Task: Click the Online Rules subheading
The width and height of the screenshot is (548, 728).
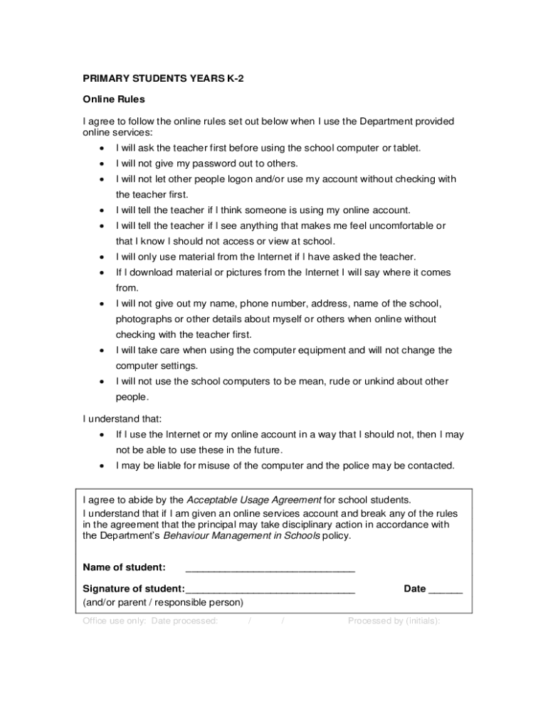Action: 114,99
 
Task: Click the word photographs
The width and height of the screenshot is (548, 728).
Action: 145,319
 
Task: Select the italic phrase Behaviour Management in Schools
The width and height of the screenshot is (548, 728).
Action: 241,535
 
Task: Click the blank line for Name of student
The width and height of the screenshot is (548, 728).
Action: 270,569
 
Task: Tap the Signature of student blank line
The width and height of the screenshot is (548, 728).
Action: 270,590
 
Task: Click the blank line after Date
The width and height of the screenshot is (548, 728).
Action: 446,590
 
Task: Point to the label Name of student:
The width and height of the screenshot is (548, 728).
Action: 125,567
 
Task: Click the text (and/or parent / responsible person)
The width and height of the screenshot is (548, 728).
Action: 163,602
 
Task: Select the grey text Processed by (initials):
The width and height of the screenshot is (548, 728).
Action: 394,621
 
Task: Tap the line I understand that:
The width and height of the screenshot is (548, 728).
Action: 122,419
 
